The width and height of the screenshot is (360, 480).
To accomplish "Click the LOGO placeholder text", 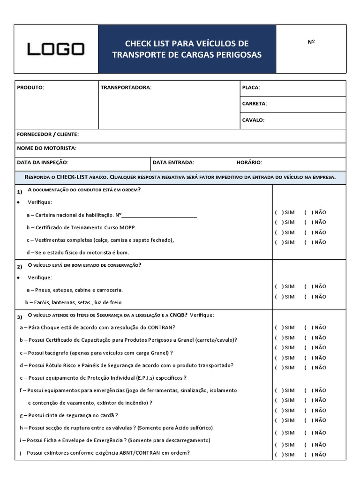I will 56,49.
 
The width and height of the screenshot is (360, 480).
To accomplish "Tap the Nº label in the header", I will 311,42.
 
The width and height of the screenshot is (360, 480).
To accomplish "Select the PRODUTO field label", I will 30,88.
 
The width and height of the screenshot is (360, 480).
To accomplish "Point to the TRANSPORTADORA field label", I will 126,88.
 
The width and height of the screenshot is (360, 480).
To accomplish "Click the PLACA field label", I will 251,88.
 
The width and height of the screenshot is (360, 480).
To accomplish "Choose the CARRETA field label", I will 255,104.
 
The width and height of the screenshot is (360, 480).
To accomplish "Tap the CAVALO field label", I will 253,120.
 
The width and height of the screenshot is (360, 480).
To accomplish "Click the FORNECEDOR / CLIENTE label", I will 48,135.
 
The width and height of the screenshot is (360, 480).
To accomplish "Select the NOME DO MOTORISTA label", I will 46,148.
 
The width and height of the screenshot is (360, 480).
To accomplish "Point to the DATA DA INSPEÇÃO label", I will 43,162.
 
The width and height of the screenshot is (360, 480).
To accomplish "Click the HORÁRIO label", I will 249,162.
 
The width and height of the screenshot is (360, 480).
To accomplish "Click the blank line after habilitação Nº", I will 159,216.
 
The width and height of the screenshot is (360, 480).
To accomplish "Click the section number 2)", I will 20,267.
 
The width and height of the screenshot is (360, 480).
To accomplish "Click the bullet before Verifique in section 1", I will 18,202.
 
